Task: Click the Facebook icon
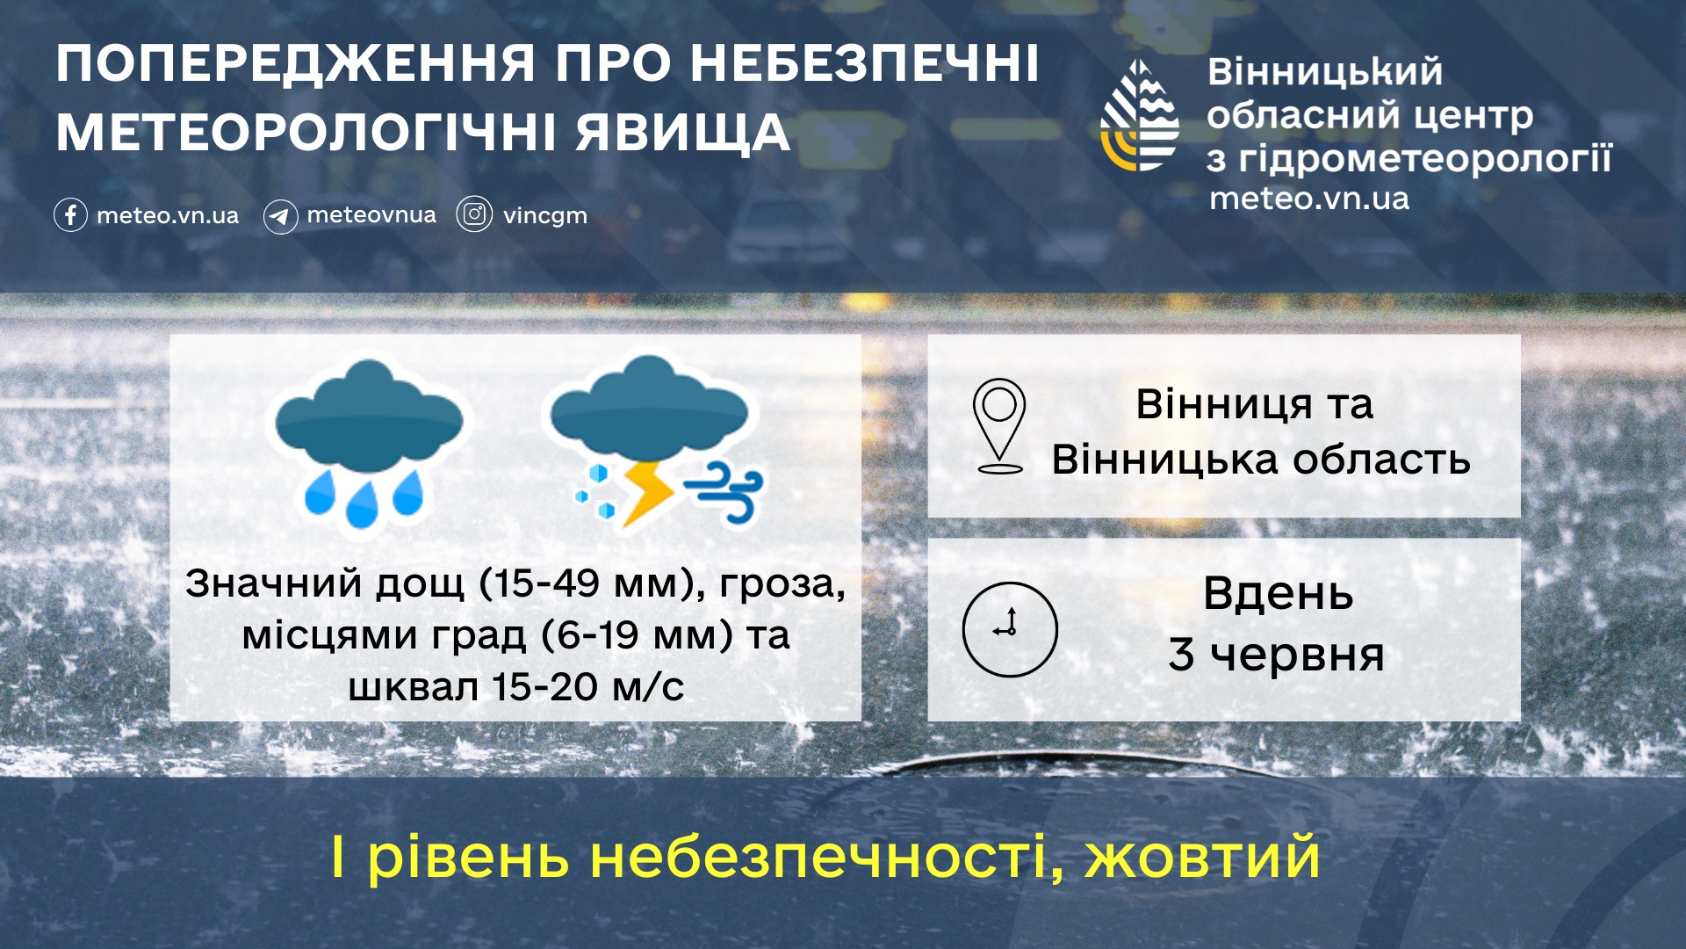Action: [x=70, y=215]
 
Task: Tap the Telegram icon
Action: [x=280, y=216]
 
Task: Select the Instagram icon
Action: [x=474, y=214]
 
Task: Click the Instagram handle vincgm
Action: [x=544, y=216]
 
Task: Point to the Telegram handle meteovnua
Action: [x=371, y=214]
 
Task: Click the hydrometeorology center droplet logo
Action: [x=1140, y=116]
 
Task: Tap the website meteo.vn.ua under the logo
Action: [x=1309, y=199]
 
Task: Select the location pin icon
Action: [x=999, y=426]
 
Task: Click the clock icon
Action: [x=1010, y=629]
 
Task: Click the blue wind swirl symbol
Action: [x=725, y=492]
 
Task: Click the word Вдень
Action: [x=1278, y=594]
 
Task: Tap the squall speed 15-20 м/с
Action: [x=587, y=687]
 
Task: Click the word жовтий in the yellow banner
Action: [x=1202, y=858]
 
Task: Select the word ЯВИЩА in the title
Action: [x=683, y=134]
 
